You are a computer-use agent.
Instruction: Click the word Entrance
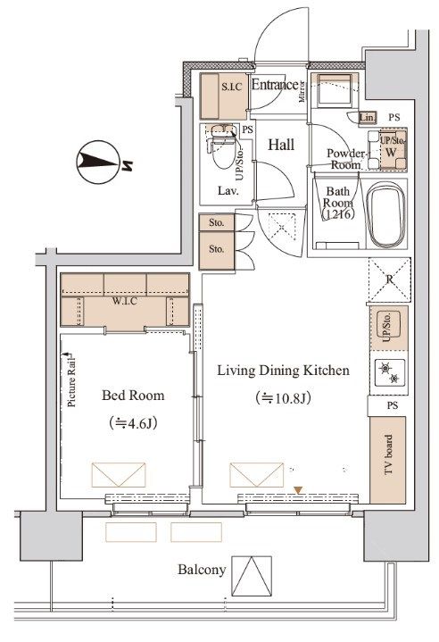click(273, 86)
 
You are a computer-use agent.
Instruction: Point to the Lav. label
click(228, 191)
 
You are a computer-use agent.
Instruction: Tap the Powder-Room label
click(345, 159)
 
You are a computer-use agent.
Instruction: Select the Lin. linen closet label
click(367, 117)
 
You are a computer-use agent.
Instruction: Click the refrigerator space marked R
click(389, 279)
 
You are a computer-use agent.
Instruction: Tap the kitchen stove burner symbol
click(390, 373)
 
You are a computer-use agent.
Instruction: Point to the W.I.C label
click(124, 300)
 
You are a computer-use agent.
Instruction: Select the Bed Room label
click(132, 396)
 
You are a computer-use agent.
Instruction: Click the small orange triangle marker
click(299, 488)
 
